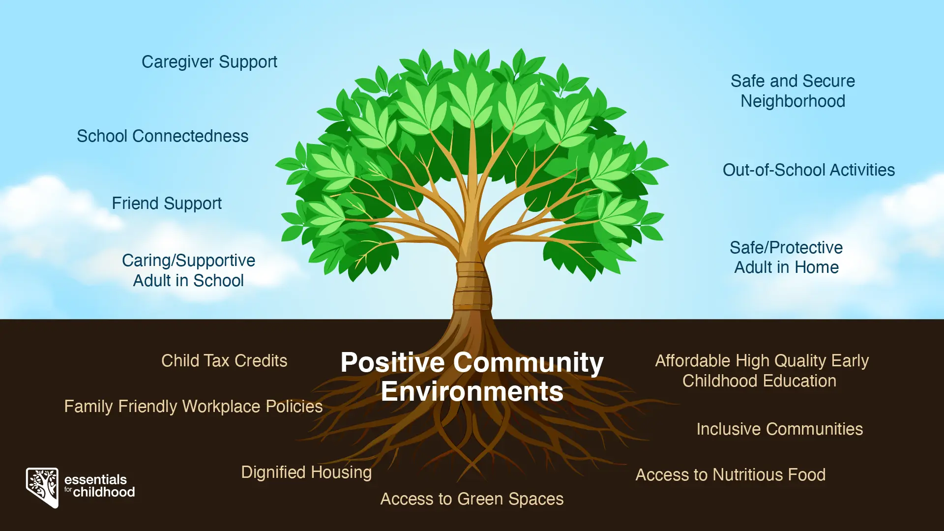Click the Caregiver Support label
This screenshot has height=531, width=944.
[209, 62]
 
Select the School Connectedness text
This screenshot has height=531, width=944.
[163, 136]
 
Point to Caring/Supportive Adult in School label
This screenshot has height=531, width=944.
[188, 270]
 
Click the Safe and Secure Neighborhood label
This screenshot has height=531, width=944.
[793, 91]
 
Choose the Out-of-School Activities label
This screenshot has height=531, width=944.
[809, 170]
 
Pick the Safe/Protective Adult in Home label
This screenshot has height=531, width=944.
[786, 257]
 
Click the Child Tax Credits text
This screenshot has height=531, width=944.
[224, 361]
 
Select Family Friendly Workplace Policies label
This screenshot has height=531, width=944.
[193, 407]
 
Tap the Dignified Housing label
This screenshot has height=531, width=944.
[306, 473]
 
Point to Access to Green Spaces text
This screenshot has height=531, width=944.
[472, 500]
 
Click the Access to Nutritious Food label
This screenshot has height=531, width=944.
[731, 475]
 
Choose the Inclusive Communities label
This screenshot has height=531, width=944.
[780, 429]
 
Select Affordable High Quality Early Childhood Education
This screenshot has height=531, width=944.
[762, 371]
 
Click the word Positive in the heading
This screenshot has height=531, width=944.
[393, 363]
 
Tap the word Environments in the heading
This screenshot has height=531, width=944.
[472, 391]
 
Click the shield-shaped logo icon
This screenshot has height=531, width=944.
[42, 487]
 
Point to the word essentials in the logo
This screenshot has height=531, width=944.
[95, 480]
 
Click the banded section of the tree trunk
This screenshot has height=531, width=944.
[472, 286]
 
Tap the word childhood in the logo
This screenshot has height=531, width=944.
[104, 492]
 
